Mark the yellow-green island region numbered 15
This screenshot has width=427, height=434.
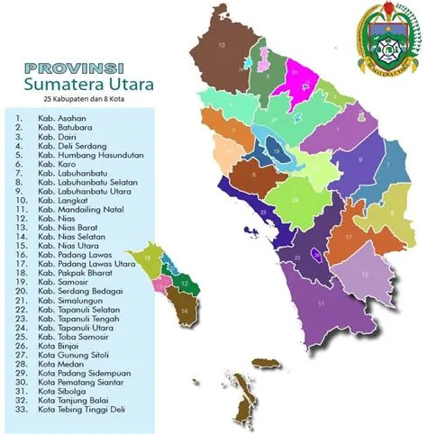[146, 259]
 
